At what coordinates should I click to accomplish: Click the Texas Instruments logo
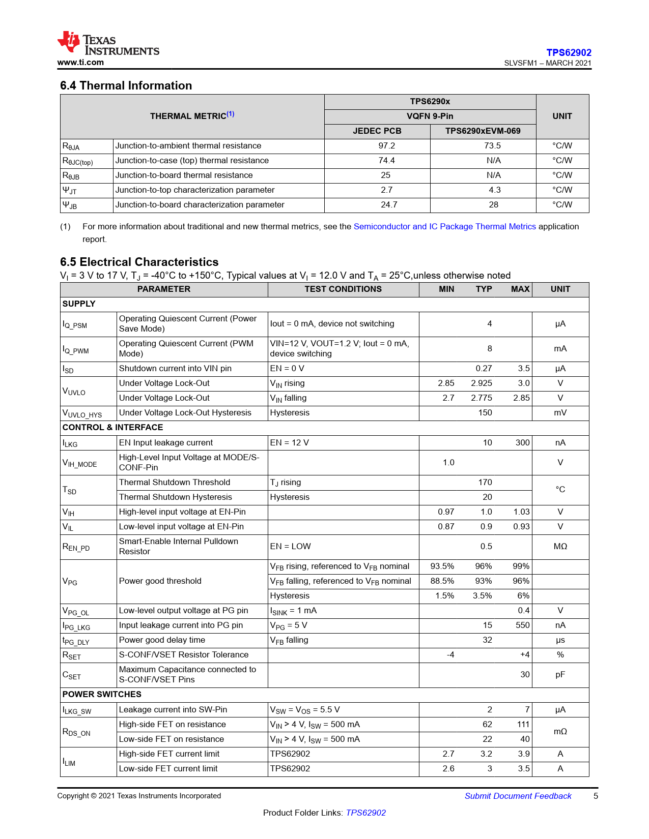coord(108,43)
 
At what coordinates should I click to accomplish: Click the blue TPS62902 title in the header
coord(569,52)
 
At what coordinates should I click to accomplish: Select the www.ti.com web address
coord(80,63)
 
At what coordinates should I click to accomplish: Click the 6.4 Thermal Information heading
coord(126,85)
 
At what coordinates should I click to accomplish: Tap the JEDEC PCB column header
coord(377,131)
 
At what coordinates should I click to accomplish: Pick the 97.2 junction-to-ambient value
coord(387,146)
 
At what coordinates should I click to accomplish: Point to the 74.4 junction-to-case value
coord(387,161)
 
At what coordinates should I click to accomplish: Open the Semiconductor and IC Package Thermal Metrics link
coord(444,227)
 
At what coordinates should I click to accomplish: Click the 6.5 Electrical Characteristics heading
coord(139,262)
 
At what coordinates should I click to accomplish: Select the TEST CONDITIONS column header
coord(343,289)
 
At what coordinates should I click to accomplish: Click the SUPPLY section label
coord(79,304)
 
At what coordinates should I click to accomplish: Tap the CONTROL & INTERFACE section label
coord(112,428)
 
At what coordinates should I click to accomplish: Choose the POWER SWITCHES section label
coord(102,695)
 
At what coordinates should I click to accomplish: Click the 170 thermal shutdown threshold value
coord(485,483)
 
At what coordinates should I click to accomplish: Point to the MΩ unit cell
coord(560,547)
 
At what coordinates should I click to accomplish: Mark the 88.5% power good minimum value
coord(442,581)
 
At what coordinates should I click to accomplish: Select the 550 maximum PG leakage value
coord(522,625)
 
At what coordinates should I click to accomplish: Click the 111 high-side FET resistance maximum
coord(523,725)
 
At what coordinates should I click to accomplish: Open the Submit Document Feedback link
coord(518,796)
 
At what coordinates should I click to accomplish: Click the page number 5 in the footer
coord(596,796)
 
